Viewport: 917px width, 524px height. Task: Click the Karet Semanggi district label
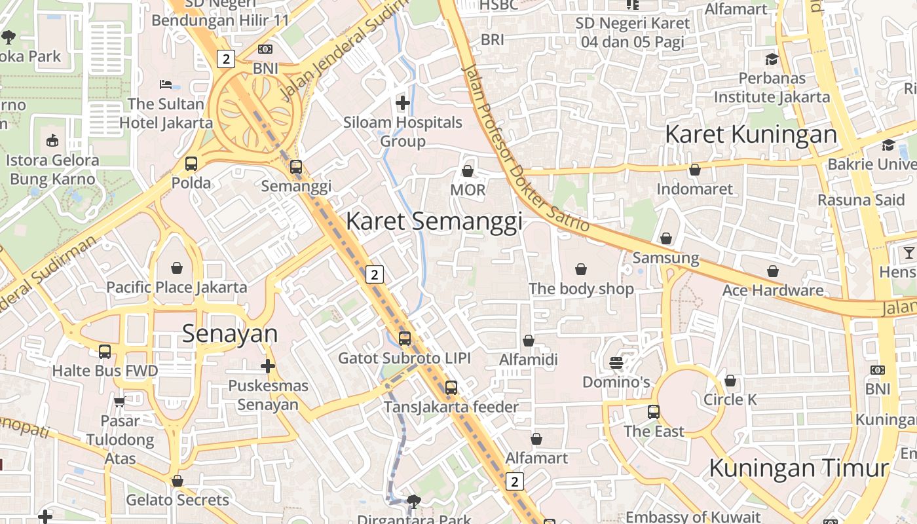tap(434, 221)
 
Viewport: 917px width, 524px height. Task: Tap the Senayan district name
tap(230, 333)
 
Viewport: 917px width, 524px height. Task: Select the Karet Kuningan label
tap(751, 134)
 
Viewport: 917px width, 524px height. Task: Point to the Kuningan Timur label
tap(798, 468)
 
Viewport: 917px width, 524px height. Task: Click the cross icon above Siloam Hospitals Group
tap(403, 102)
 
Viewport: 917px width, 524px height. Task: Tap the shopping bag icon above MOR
tap(468, 171)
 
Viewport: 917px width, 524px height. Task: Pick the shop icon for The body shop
tap(580, 269)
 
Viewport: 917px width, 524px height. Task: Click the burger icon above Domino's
tap(616, 362)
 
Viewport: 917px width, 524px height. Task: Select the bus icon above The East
tap(654, 412)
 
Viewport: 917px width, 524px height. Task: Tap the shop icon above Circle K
tap(730, 381)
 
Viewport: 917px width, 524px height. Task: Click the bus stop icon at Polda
tap(191, 164)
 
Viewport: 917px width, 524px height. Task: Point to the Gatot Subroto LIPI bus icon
tap(405, 339)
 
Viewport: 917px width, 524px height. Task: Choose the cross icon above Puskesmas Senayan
tap(268, 366)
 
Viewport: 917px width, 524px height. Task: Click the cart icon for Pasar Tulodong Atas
tap(119, 401)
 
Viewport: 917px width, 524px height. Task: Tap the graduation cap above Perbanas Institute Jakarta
tap(772, 59)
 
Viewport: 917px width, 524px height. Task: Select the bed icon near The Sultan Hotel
tap(166, 84)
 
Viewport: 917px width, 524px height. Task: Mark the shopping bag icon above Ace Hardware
tap(773, 271)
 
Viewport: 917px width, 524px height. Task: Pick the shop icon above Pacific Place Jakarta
tap(177, 268)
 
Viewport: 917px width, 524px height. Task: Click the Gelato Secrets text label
tap(178, 500)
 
